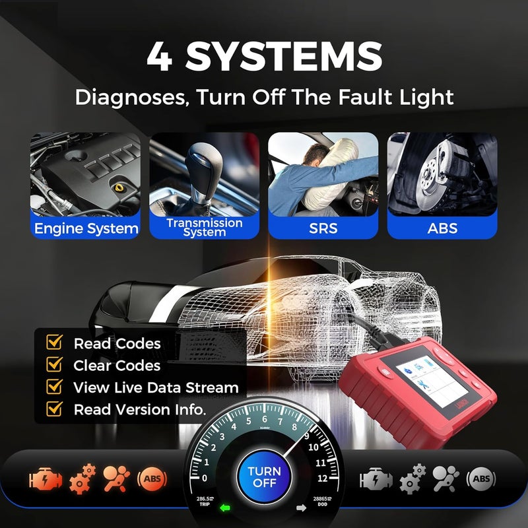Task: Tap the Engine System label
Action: point(86,229)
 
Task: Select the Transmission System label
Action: point(205,227)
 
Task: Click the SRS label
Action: point(323,229)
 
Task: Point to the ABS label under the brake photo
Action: point(442,229)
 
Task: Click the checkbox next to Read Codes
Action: point(54,343)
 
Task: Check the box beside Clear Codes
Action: point(54,364)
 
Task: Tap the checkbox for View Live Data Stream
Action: point(54,387)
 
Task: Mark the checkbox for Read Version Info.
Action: point(54,409)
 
